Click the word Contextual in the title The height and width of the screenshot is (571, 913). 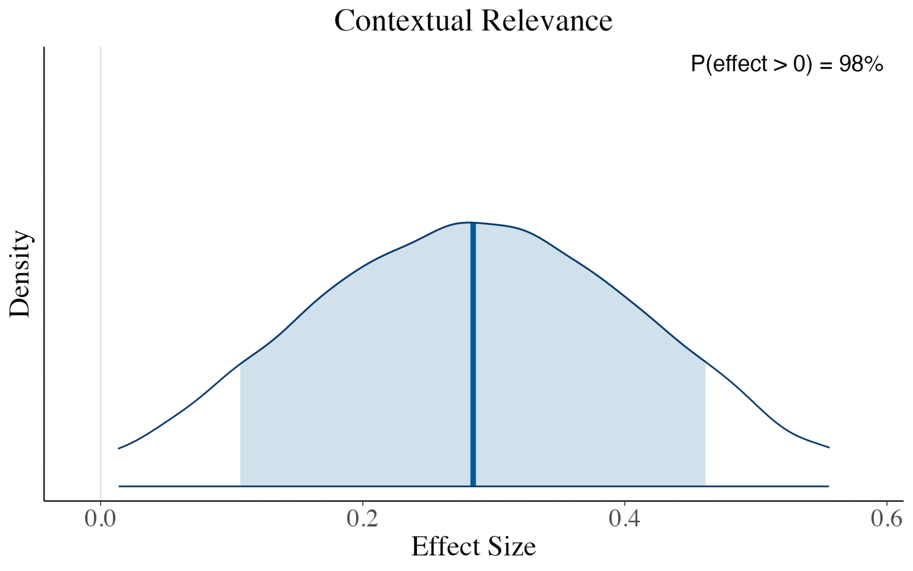point(403,21)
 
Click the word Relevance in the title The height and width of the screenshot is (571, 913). point(547,21)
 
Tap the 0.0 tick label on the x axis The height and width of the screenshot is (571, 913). point(100,519)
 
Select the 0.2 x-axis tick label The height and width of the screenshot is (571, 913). point(363,519)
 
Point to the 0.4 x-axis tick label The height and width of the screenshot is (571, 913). point(624,519)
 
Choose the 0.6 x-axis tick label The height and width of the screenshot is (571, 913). point(887,519)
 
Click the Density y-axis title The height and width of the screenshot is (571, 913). point(20,274)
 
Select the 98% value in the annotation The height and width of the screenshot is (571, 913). point(861,64)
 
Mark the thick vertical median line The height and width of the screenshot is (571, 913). point(473,355)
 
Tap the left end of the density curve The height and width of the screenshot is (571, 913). point(119,448)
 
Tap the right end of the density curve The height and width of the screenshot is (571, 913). point(828,447)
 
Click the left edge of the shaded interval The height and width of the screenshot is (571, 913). point(240,426)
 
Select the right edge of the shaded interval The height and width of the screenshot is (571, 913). point(705,426)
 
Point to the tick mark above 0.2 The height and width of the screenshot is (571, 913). point(363,503)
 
